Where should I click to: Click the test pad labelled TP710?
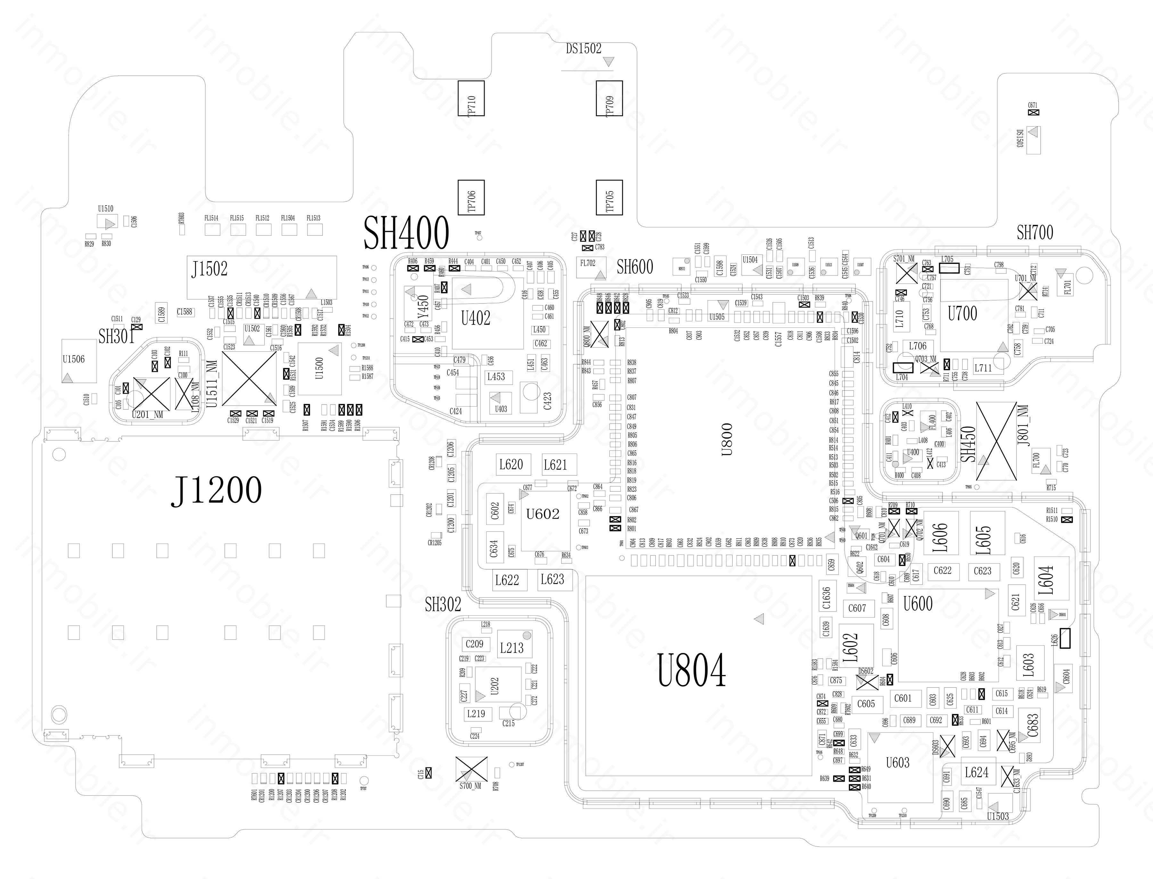click(471, 98)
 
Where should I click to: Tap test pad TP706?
click(471, 197)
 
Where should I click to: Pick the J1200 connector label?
click(216, 490)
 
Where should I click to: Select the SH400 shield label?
click(406, 233)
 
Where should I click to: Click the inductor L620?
click(511, 464)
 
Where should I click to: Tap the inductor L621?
click(555, 464)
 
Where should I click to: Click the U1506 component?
click(74, 360)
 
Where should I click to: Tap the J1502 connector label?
click(209, 269)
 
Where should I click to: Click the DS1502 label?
click(583, 49)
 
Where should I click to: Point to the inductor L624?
click(976, 772)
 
